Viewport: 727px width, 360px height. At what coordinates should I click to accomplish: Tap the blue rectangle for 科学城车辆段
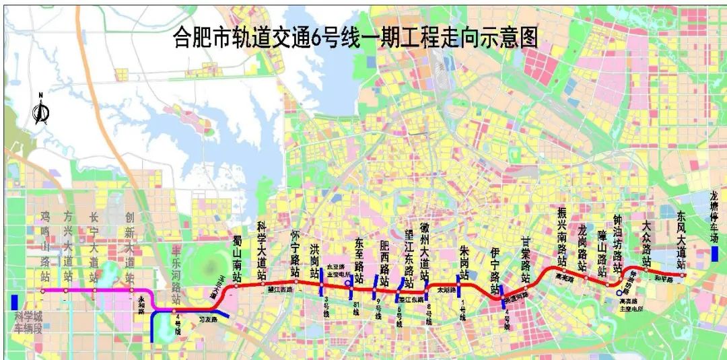(15, 303)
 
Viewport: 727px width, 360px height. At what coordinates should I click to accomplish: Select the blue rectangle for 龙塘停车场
(714, 253)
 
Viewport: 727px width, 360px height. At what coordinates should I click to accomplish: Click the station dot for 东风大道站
(682, 275)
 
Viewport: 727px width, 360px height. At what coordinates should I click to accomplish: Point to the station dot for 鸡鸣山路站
(42, 291)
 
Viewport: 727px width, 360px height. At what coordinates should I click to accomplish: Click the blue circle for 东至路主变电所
(347, 283)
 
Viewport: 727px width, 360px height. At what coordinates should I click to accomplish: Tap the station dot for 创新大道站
(130, 291)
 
